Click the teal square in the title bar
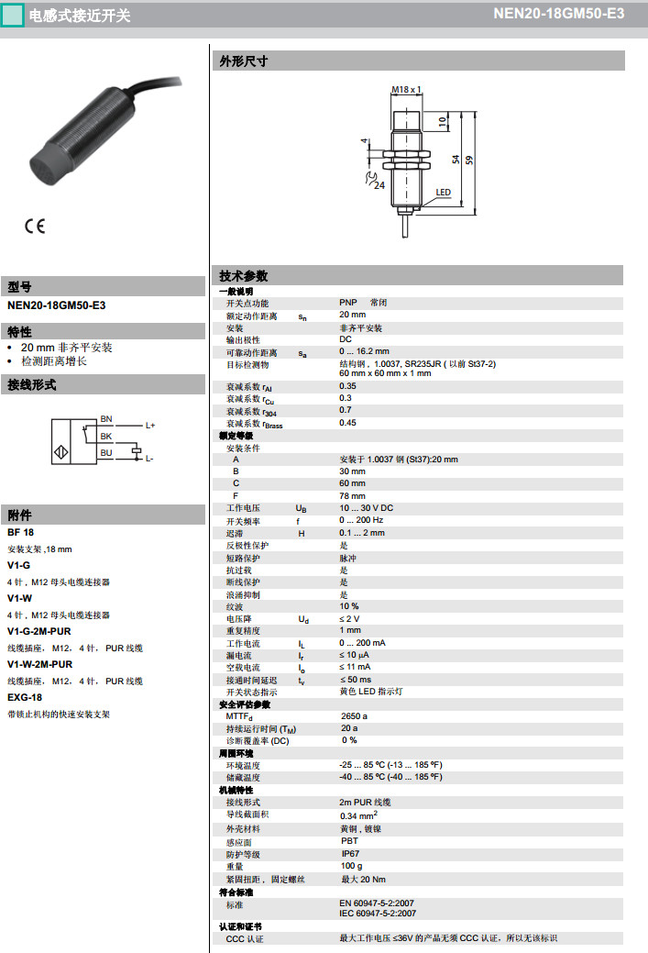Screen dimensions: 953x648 (12, 15)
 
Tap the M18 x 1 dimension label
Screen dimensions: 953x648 (406, 89)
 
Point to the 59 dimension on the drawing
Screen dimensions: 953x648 (469, 160)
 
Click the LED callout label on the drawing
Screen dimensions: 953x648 (444, 193)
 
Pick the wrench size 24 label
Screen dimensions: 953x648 (379, 184)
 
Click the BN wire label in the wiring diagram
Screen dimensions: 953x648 (106, 419)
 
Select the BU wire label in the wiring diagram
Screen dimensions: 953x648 (106, 452)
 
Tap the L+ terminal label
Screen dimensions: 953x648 (150, 426)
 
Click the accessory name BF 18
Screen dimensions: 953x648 (20, 532)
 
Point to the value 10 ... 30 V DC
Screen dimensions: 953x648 (366, 508)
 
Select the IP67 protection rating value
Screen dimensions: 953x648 (351, 854)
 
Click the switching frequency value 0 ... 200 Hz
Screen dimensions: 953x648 (361, 521)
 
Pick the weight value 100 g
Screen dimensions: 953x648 (351, 866)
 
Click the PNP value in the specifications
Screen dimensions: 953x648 (348, 303)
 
